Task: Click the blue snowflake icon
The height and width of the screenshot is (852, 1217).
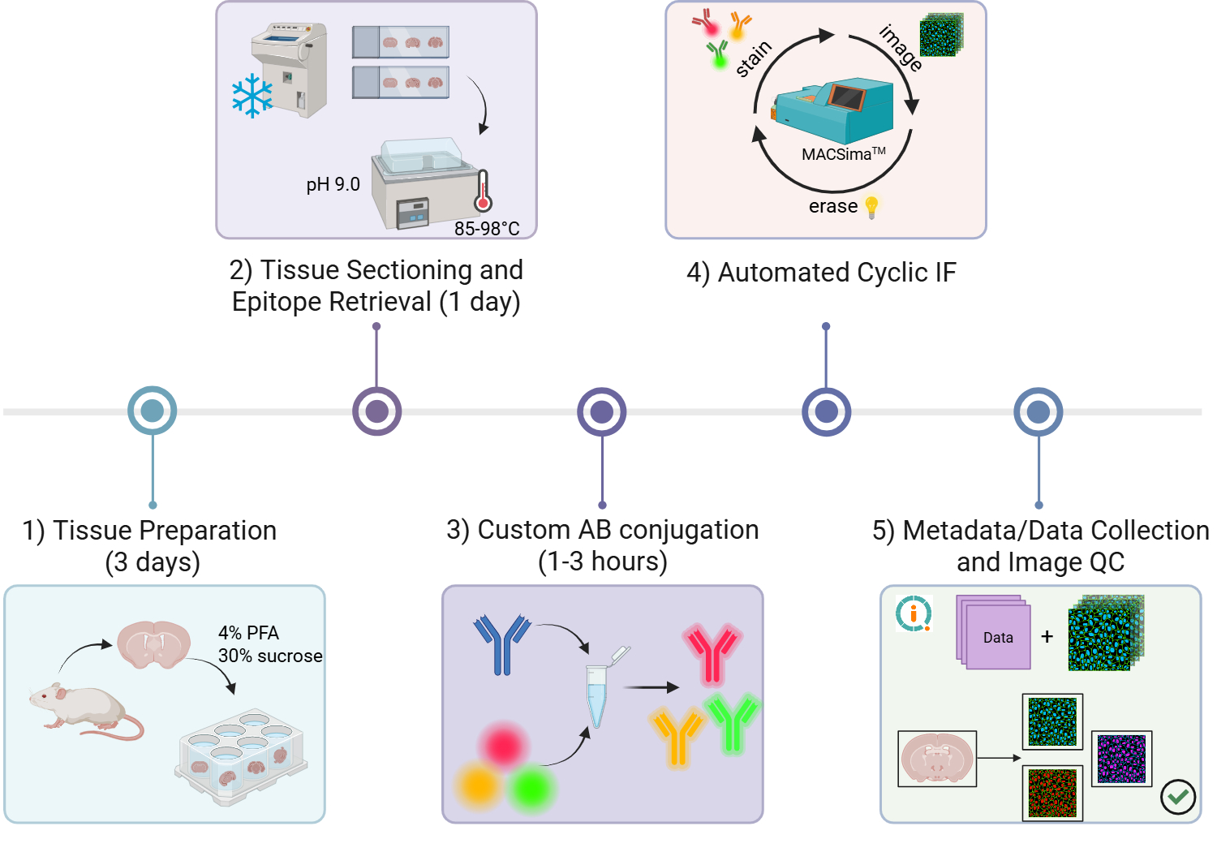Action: [x=252, y=96]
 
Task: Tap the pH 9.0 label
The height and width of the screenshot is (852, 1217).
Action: [x=333, y=185]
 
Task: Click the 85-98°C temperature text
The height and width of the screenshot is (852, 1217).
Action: [x=487, y=229]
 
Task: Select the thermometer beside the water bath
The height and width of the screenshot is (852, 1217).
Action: [x=484, y=191]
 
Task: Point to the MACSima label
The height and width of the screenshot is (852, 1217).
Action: [x=843, y=154]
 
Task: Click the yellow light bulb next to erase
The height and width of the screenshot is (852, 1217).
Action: [x=872, y=207]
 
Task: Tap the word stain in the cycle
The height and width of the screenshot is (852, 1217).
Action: [x=753, y=58]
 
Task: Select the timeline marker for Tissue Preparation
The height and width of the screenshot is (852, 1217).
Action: [x=153, y=411]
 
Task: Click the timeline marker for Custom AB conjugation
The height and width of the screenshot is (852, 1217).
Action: [x=601, y=411]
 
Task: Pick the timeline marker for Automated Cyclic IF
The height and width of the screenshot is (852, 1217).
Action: [x=826, y=411]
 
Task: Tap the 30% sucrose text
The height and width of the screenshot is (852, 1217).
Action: [x=270, y=656]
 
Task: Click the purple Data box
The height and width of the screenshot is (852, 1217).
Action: [x=997, y=637]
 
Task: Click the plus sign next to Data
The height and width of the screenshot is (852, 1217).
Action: [x=1047, y=637]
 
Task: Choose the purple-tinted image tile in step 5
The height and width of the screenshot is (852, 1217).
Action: [x=1121, y=759]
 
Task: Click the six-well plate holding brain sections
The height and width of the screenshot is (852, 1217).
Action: [x=242, y=758]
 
